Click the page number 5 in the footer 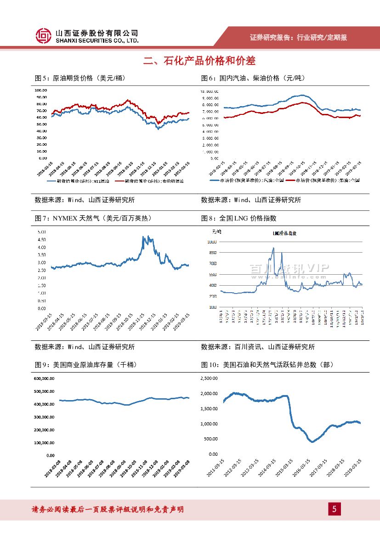334,509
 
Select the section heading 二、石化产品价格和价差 199,61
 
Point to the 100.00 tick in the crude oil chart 41,90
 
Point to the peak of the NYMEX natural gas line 143,237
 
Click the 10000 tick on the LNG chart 212,242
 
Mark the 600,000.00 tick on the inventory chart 45,379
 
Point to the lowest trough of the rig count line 312,442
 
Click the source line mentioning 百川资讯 258,347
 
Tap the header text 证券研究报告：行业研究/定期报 298,37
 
